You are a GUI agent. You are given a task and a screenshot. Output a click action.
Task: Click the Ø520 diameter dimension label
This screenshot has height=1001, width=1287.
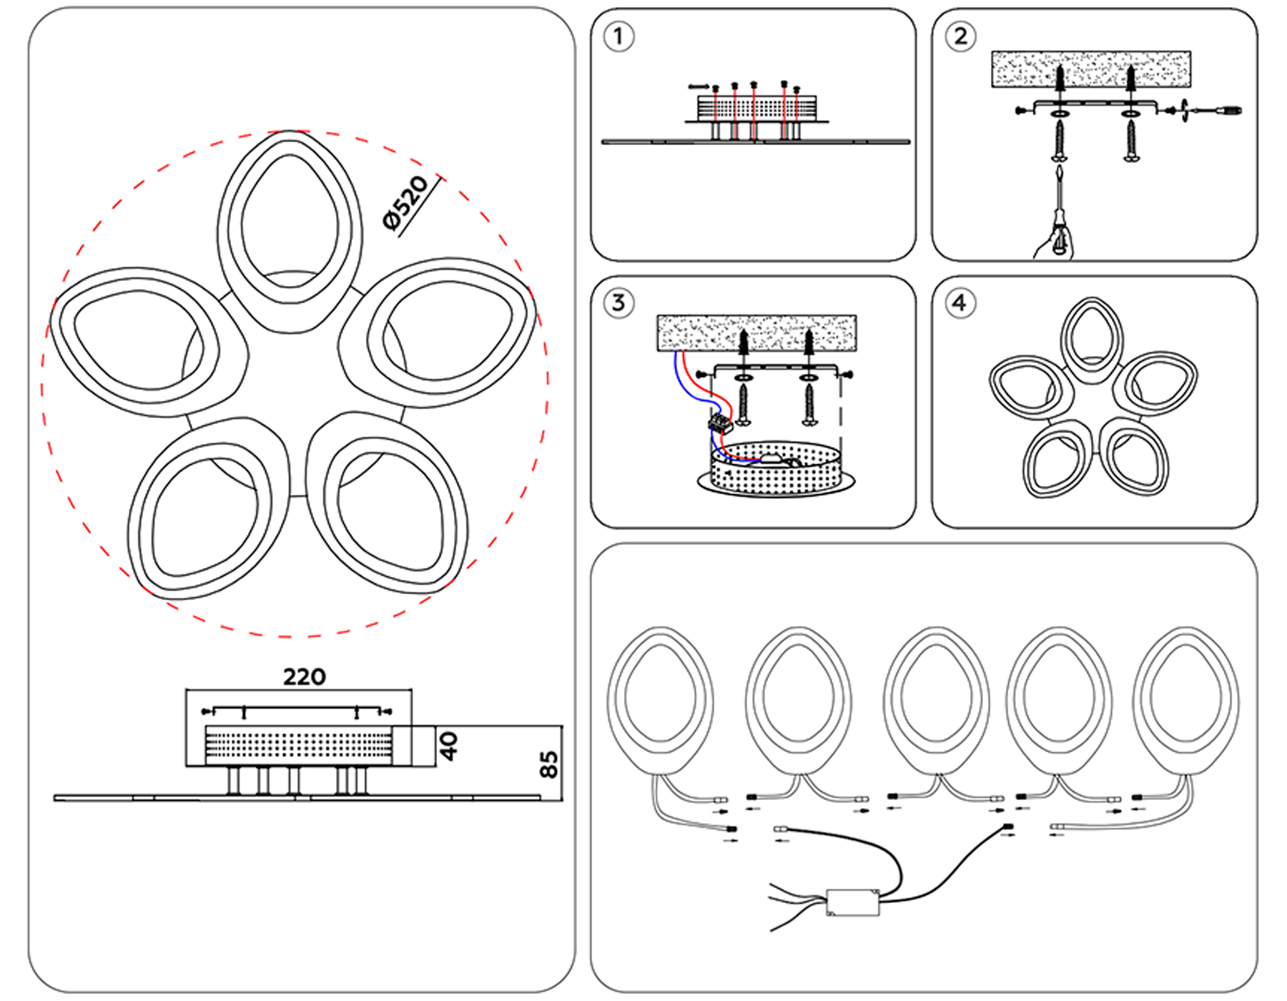(x=405, y=203)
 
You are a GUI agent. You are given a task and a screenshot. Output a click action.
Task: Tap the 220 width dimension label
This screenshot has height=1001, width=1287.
(x=305, y=676)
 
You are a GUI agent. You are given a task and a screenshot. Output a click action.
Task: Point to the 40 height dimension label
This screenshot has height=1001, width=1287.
(x=449, y=746)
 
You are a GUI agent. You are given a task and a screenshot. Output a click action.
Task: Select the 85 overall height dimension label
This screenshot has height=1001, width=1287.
(x=548, y=764)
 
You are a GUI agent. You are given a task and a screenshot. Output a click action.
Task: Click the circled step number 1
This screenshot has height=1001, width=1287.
(x=618, y=36)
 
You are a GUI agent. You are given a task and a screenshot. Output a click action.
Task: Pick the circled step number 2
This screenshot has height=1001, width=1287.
(x=960, y=36)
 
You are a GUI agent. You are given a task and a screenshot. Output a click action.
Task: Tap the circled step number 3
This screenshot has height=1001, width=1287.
(x=618, y=302)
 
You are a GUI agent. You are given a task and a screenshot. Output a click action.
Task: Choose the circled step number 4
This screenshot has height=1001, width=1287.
(x=960, y=302)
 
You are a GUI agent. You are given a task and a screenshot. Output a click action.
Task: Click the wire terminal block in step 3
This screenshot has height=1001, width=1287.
(x=721, y=424)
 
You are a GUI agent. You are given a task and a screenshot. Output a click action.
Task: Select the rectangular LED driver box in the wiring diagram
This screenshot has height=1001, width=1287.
(x=852, y=902)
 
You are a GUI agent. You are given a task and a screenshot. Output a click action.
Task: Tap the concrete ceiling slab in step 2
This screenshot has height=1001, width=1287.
(x=1091, y=69)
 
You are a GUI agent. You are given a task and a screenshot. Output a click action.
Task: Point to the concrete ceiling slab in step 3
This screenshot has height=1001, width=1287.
(x=756, y=332)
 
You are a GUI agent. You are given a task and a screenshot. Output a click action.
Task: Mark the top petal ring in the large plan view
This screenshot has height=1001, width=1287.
(x=290, y=229)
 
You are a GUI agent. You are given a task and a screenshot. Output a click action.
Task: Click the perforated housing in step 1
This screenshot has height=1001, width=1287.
(x=756, y=109)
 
